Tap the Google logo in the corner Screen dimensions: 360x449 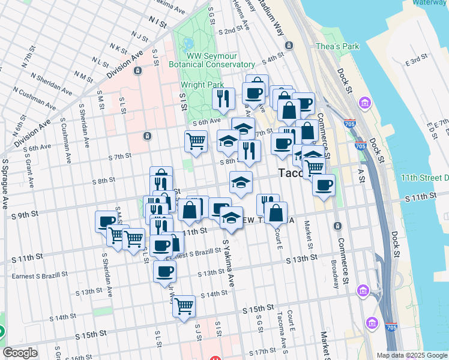point(20,353)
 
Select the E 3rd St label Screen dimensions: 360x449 point(415,61)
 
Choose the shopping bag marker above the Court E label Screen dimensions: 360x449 point(276,212)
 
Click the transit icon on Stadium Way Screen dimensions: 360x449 point(289,46)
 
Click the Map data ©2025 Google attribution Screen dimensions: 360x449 point(411,355)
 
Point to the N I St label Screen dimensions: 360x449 point(159,22)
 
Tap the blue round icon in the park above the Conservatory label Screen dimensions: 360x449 point(189,43)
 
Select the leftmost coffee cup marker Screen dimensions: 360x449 point(107,221)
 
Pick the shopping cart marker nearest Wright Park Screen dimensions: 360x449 point(196,142)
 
